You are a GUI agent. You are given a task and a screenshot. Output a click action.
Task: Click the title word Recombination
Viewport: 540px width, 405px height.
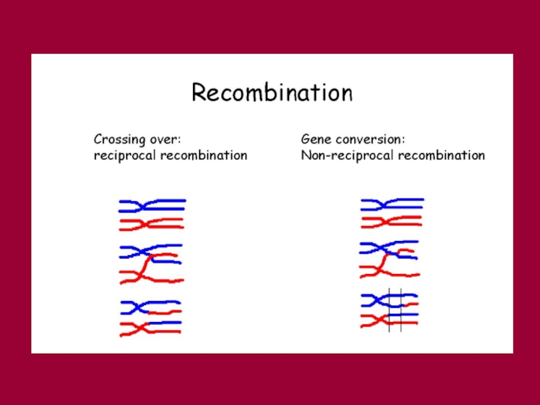click(x=272, y=92)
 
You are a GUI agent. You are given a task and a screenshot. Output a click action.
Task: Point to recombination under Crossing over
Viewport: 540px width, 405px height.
click(x=204, y=155)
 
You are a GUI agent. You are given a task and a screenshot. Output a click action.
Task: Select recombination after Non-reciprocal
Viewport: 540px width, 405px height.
click(x=441, y=155)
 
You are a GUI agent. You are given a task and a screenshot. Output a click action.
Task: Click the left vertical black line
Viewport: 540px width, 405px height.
click(x=389, y=310)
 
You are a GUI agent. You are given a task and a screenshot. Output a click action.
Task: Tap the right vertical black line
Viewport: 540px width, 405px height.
click(x=401, y=310)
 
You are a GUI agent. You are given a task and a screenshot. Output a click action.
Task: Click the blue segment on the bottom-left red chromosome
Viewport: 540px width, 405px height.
click(x=165, y=323)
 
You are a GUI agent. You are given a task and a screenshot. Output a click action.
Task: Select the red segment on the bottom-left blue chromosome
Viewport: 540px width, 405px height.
click(x=165, y=312)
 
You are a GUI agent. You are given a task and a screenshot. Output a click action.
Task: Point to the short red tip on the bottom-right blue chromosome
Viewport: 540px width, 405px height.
click(x=411, y=304)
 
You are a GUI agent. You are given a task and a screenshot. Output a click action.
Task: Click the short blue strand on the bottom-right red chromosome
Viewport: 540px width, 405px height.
click(x=403, y=315)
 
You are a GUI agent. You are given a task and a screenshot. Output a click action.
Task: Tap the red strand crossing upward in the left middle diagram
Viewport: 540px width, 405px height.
click(x=146, y=265)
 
